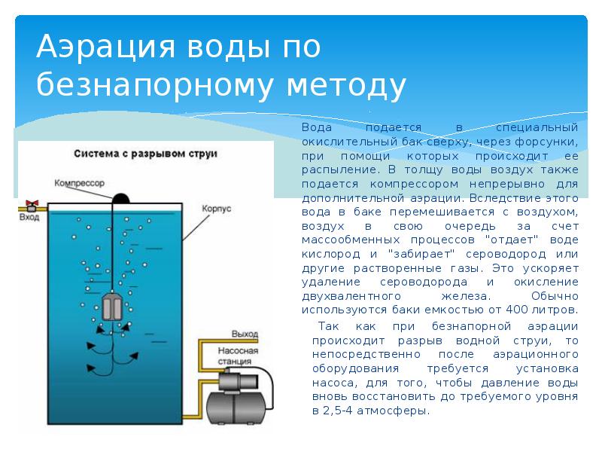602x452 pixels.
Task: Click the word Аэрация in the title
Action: point(105,47)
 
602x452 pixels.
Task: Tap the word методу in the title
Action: point(346,84)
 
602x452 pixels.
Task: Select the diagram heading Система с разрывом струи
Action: point(145,154)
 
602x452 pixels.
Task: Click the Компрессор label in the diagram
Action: point(79,183)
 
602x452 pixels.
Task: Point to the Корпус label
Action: point(217,209)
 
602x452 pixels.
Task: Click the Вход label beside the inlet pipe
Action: point(29,217)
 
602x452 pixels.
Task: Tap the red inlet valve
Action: point(32,203)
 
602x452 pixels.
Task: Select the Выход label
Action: point(245,334)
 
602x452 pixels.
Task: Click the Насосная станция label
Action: point(238,356)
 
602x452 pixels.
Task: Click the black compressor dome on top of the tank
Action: point(121,198)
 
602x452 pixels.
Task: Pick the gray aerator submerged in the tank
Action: point(112,307)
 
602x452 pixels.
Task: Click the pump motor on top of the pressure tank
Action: point(239,381)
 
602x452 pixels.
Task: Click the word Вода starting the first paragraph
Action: point(317,127)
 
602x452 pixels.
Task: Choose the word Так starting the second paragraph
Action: point(329,326)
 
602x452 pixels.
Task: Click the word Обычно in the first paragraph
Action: point(555,296)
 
